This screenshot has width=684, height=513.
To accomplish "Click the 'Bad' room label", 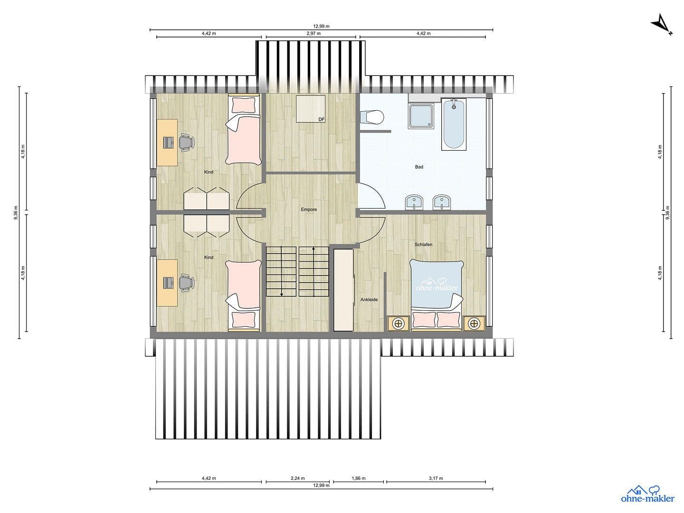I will [x=419, y=167].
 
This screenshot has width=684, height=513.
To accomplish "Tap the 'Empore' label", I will [x=309, y=209].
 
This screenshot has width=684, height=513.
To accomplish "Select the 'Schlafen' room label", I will [x=423, y=245].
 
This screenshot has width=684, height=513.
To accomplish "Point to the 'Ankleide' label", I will [x=369, y=300].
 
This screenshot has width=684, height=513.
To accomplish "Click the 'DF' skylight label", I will [x=322, y=119].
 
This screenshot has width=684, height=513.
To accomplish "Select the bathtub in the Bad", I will [x=454, y=124].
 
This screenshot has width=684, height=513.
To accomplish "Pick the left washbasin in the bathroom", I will [x=414, y=203].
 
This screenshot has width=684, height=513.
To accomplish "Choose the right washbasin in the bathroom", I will [x=442, y=203].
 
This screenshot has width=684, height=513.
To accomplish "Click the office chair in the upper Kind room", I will [x=186, y=142].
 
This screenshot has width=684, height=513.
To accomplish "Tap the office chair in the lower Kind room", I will [x=186, y=283].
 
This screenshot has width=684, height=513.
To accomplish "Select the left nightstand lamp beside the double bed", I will [x=399, y=323].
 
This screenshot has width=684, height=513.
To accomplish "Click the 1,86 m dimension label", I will [x=359, y=478].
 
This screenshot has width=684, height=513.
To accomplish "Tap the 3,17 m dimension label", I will [x=436, y=478].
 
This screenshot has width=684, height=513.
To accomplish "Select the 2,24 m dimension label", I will [x=298, y=478].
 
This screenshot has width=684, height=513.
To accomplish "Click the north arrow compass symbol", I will [x=662, y=25].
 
